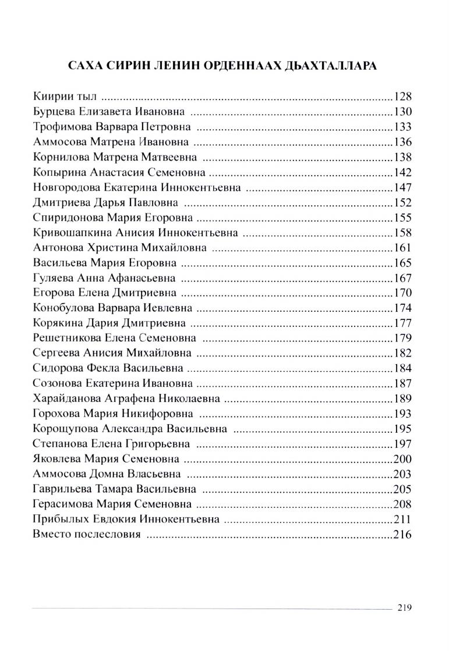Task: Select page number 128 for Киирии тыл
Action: pos(402,96)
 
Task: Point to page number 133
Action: pos(402,126)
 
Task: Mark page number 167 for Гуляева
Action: pos(402,278)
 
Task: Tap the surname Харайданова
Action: pos(68,399)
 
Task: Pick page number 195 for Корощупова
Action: pos(402,429)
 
